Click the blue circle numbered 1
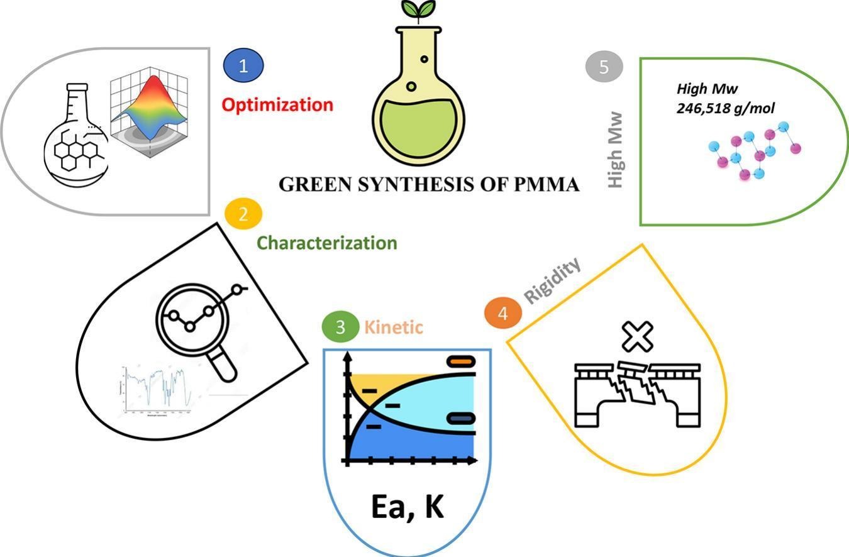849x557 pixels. [x=243, y=65]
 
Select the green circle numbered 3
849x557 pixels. [x=340, y=327]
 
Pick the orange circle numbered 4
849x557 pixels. [x=503, y=313]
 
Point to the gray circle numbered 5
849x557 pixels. [x=604, y=67]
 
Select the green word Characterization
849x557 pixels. [x=328, y=243]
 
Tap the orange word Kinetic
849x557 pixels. [x=394, y=327]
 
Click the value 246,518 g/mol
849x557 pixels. [x=726, y=108]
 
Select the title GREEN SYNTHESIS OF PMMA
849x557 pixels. [x=429, y=185]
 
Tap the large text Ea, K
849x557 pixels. [x=408, y=507]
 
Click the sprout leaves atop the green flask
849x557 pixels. [x=418, y=9]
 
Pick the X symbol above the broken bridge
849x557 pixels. [x=637, y=336]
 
